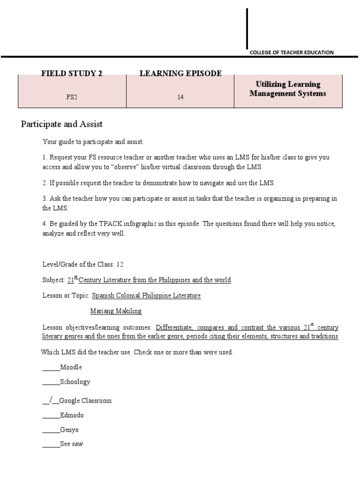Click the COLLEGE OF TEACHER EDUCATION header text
point(292,52)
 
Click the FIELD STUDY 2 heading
point(72,73)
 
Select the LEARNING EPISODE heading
point(180,73)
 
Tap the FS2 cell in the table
point(72,97)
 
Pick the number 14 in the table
point(180,97)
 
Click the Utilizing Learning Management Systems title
point(288,89)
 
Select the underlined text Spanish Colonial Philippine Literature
point(146,295)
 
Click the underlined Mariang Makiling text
point(115,311)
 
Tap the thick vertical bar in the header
point(247,28)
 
